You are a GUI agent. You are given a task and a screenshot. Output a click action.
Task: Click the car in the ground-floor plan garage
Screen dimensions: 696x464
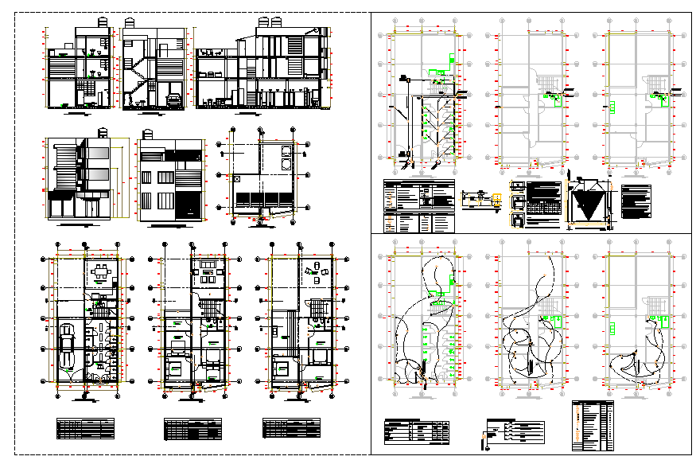tap(67, 348)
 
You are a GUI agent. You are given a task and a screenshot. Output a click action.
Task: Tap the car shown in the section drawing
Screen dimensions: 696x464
tap(173, 100)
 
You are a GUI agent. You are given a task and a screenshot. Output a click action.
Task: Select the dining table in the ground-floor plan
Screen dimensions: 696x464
tap(100, 273)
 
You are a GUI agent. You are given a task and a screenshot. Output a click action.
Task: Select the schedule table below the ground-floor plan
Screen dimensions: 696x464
tap(85, 428)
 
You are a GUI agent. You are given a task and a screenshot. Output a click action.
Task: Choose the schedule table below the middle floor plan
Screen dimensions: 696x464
tap(192, 430)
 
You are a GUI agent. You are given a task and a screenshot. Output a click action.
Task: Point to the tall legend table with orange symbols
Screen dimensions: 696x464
tap(593, 425)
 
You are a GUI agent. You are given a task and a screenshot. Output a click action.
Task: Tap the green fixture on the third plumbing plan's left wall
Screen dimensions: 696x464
tap(614, 106)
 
